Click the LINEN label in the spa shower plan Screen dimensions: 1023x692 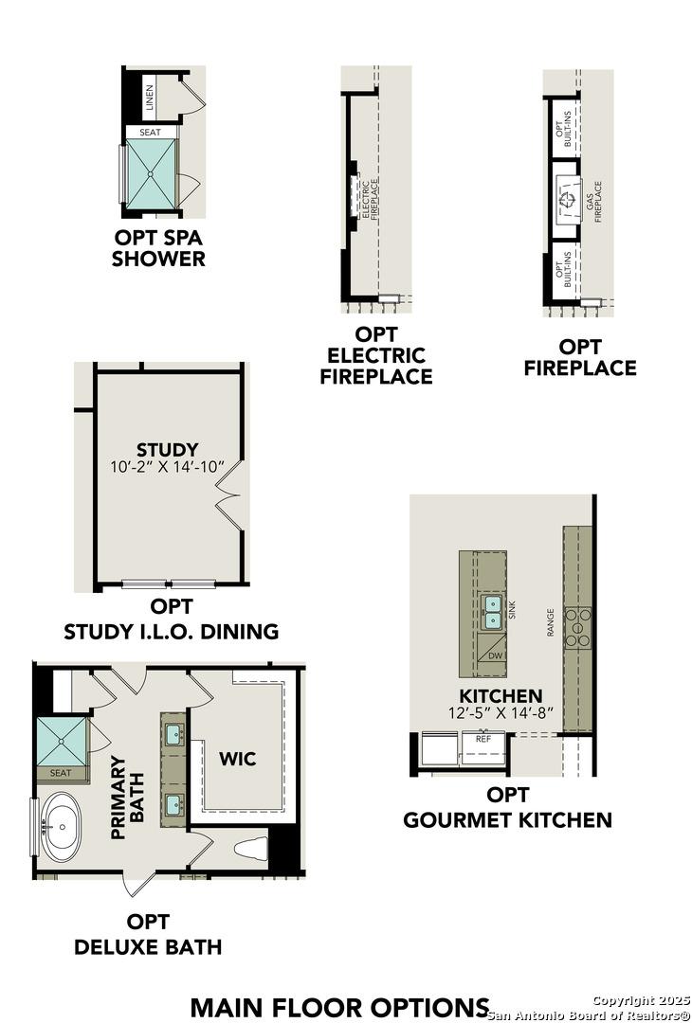tap(149, 96)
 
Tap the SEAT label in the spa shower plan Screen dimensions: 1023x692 tap(150, 133)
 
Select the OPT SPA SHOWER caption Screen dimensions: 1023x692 tap(158, 248)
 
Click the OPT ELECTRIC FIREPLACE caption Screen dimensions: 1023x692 tap(375, 355)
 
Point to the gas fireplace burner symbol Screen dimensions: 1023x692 tap(567, 200)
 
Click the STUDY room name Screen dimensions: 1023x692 tap(167, 449)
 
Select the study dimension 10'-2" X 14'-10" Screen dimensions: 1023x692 tap(167, 466)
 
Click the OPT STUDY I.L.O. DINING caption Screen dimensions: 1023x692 tap(171, 619)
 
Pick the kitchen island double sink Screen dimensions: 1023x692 tap(493, 613)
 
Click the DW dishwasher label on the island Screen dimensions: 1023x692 tap(495, 655)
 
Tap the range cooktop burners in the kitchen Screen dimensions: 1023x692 tap(576, 627)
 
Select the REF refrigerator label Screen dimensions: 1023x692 tap(483, 738)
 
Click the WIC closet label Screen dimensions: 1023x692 tap(237, 759)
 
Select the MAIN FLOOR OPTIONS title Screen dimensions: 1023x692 tap(339, 1006)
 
